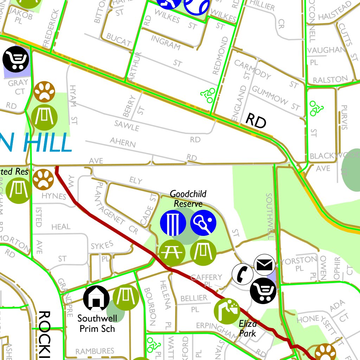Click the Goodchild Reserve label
(188, 199)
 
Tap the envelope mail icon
(265, 264)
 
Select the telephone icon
(242, 273)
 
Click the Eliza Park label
(248, 328)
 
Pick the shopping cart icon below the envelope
(263, 290)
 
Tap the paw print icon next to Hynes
(43, 179)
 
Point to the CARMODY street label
(252, 69)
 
